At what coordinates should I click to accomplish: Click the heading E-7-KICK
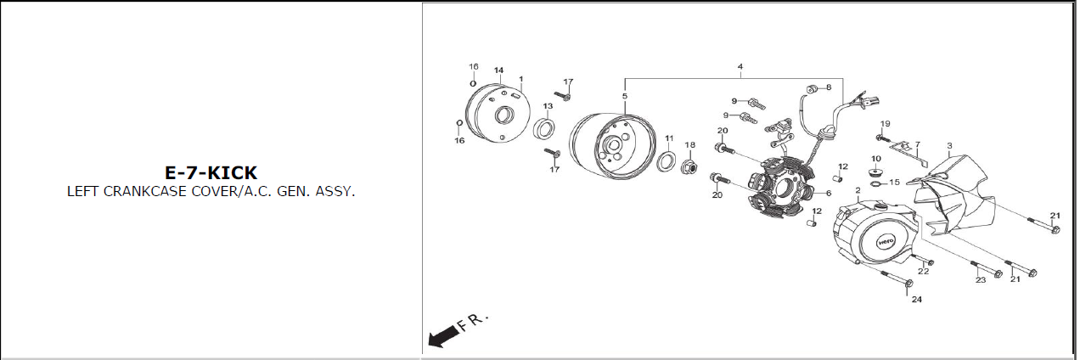tap(211, 172)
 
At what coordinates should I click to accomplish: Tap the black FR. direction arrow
tap(443, 335)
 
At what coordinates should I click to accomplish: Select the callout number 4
tap(740, 66)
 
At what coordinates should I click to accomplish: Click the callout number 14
tap(498, 70)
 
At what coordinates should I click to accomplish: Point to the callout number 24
tap(916, 299)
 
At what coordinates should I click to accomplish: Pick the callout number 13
tap(548, 106)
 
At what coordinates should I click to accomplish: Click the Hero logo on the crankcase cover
tap(886, 241)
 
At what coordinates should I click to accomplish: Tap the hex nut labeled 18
tap(689, 167)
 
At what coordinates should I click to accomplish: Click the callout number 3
tap(949, 145)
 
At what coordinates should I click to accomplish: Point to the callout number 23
tap(981, 280)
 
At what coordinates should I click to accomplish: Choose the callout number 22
tap(923, 272)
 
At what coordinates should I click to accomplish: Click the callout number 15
tap(894, 183)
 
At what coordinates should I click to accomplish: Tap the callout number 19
tap(886, 124)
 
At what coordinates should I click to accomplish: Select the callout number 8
tap(829, 87)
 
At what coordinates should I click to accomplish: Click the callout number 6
tap(829, 194)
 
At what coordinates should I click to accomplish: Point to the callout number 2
tap(858, 191)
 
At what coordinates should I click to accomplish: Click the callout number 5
tap(624, 96)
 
